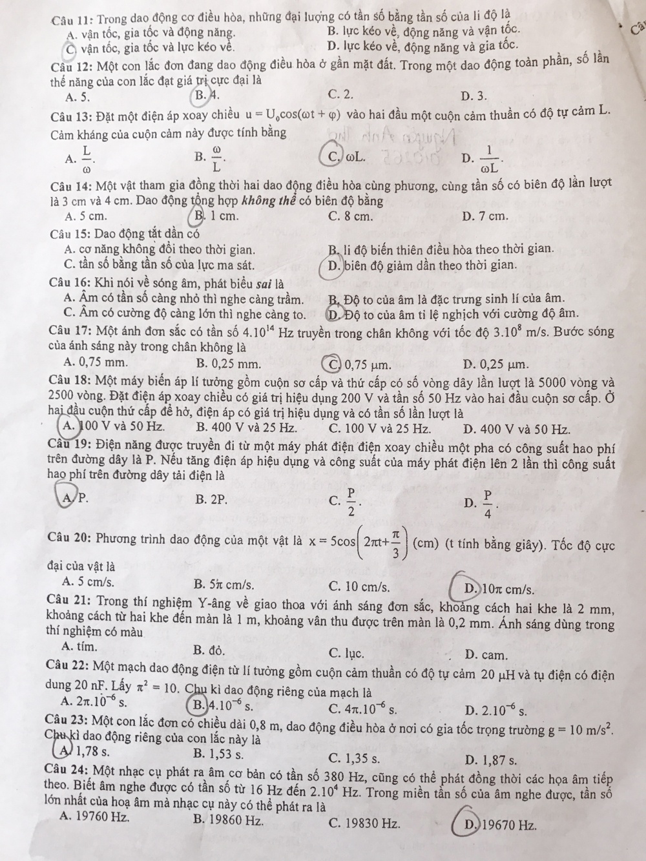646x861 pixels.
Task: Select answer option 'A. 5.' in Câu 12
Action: pyautogui.click(x=78, y=98)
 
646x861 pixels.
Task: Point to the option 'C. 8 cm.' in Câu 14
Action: pyautogui.click(x=350, y=216)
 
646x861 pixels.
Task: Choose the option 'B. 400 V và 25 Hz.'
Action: pyautogui.click(x=245, y=428)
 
